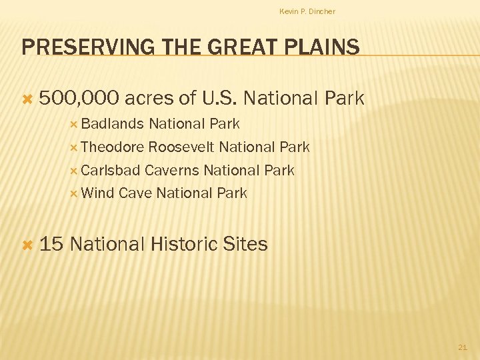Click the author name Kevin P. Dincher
coord(307,11)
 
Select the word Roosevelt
coord(181,147)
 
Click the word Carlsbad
coord(111,171)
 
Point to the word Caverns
coord(172,171)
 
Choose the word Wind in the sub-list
coord(97,193)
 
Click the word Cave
coord(135,193)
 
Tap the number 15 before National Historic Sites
coord(51,244)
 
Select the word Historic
coord(184,244)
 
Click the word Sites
coord(246,244)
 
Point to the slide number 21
coord(463,347)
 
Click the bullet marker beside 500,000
coord(27,99)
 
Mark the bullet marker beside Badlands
coord(74,125)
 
